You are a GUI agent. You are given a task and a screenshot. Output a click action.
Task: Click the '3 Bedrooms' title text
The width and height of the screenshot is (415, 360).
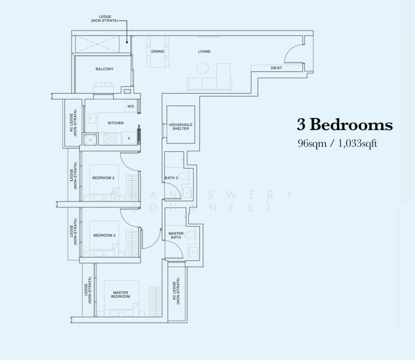[344, 125]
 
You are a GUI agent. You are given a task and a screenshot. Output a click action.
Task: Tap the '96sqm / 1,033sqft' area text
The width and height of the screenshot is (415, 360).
[337, 144]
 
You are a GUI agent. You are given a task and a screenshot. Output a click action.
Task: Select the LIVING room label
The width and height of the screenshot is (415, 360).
[204, 52]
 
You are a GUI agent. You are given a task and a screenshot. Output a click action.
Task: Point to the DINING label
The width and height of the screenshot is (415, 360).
[158, 52]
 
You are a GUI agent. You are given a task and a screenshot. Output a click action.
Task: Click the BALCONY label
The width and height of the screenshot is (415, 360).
[105, 69]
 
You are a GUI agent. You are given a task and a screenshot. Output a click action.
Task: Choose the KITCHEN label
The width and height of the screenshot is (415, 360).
[115, 123]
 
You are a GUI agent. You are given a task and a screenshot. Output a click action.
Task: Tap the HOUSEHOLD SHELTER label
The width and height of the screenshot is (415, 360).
[179, 127]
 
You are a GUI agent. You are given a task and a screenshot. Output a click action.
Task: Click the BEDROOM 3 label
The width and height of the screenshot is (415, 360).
[103, 178]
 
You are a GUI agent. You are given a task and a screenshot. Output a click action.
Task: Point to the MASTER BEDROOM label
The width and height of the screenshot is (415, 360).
[121, 295]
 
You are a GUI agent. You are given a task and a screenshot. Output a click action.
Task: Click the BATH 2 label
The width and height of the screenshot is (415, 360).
[171, 178]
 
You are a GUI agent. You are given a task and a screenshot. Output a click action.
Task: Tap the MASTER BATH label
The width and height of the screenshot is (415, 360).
[175, 235]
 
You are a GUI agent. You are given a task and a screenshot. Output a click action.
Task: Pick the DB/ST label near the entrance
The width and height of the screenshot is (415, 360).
[276, 68]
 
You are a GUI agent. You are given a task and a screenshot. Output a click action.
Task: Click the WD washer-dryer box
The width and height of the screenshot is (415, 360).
[130, 106]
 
